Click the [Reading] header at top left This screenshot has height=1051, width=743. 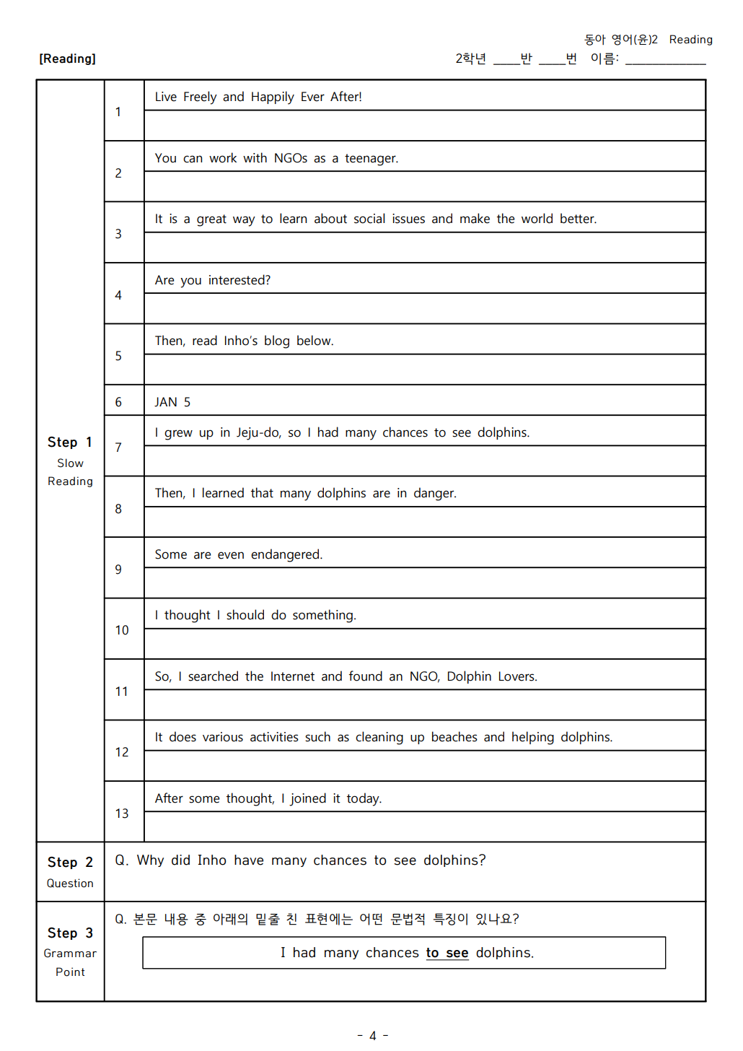pos(67,58)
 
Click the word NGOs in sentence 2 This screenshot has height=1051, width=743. pos(290,158)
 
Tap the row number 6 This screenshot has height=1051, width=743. pos(118,402)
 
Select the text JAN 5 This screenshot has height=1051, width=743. pos(172,402)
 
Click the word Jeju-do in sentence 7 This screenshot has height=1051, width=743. pos(258,432)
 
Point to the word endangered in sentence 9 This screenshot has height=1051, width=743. pos(286,554)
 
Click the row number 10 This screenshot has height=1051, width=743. pos(122,630)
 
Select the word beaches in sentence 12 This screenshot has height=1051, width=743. pos(454,737)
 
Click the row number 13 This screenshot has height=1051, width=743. pos(122,814)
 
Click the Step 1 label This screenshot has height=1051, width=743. pos(70,442)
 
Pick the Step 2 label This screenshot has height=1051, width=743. pos(70,862)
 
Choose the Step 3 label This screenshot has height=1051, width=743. pos(70,933)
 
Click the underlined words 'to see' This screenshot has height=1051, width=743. pos(447,953)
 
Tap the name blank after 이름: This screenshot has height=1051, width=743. pos(665,59)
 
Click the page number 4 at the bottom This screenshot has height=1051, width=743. pos(373,1036)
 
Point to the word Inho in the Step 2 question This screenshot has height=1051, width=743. pos(211,860)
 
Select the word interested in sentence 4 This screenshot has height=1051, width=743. pos(238,280)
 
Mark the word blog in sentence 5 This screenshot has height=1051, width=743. pos(276,341)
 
